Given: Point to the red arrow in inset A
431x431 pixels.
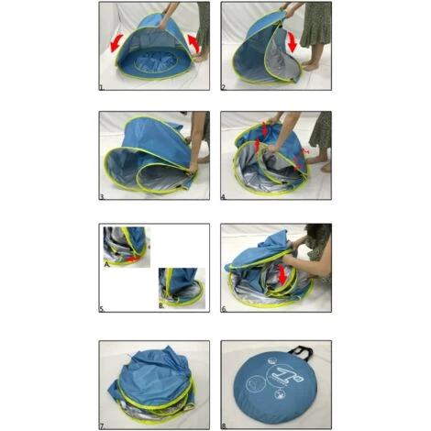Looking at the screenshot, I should [134, 260].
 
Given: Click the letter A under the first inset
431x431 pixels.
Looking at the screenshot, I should [106, 261].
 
